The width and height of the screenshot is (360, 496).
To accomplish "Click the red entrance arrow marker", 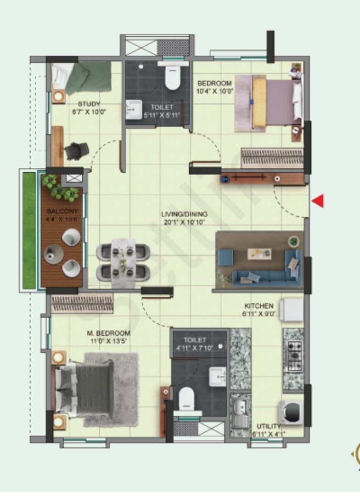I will [x=318, y=201].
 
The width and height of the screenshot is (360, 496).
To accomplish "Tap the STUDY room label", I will [x=89, y=104].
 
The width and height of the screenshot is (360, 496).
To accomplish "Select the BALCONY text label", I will [x=62, y=211].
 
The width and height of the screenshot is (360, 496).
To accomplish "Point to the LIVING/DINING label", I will [x=184, y=214].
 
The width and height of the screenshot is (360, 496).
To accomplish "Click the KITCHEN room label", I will [x=259, y=306].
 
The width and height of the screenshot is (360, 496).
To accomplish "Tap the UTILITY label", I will [x=269, y=426].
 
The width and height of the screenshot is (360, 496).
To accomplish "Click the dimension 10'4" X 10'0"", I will [x=215, y=91].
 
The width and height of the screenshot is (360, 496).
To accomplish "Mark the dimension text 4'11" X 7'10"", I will [x=199, y=348].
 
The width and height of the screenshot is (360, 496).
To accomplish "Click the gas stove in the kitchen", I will [x=293, y=356].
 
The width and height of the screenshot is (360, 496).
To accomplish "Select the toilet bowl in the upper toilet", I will [x=173, y=78].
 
